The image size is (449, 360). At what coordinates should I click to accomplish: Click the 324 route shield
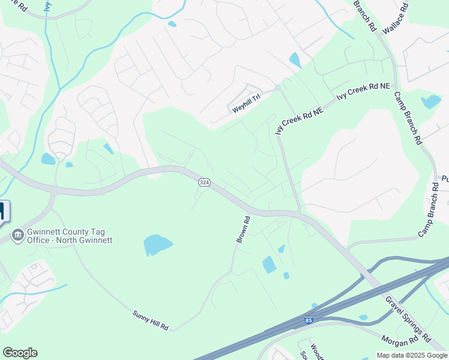[x=204, y=182]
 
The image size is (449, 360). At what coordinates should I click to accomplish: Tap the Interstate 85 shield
[x=309, y=321]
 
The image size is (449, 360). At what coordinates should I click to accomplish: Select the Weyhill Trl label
[x=246, y=106]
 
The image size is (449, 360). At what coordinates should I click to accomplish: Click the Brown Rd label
[x=243, y=229]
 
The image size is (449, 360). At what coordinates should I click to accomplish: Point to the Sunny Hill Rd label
[x=151, y=320]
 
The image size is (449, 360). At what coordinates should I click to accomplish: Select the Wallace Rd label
[x=396, y=18]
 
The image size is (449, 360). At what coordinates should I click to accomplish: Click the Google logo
[x=20, y=353]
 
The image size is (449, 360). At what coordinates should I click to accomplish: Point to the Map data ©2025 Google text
[x=412, y=355]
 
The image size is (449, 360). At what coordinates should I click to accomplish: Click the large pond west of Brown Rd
[x=157, y=245]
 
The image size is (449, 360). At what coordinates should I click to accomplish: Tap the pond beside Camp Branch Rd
[x=430, y=101]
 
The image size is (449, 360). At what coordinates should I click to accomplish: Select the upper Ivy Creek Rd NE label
[x=363, y=92]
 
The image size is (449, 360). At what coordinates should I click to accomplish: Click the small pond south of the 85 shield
[x=363, y=317]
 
